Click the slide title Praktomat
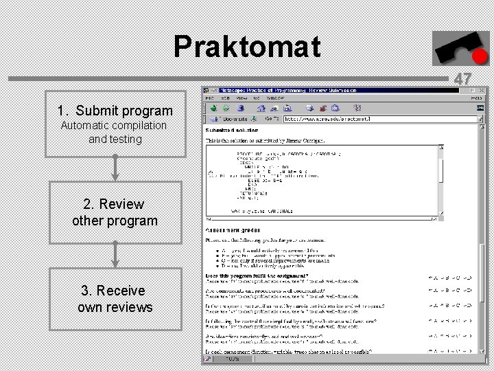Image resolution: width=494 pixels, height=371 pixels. pyautogui.click(x=246, y=47)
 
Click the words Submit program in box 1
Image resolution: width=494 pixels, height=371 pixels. pyautogui.click(x=124, y=111)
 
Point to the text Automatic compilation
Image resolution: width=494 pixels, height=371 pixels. pyautogui.click(x=114, y=125)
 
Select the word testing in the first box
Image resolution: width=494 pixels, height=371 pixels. pyautogui.click(x=125, y=139)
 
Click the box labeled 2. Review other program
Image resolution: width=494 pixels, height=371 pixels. pyautogui.click(x=115, y=212)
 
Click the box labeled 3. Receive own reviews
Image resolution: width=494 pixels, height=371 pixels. pyautogui.click(x=115, y=299)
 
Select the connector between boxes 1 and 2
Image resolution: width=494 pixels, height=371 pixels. pyautogui.click(x=115, y=168)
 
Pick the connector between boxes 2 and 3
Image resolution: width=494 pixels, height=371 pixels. pyautogui.click(x=115, y=255)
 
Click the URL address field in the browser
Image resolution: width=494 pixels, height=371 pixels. pyautogui.click(x=370, y=119)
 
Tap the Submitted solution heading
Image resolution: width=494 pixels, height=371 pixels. pyautogui.click(x=232, y=130)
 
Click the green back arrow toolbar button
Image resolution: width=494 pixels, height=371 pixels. pyautogui.click(x=213, y=108)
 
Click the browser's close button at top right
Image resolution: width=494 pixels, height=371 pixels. pyautogui.click(x=482, y=90)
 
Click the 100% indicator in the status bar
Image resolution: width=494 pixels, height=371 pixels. pyautogui.click(x=233, y=359)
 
